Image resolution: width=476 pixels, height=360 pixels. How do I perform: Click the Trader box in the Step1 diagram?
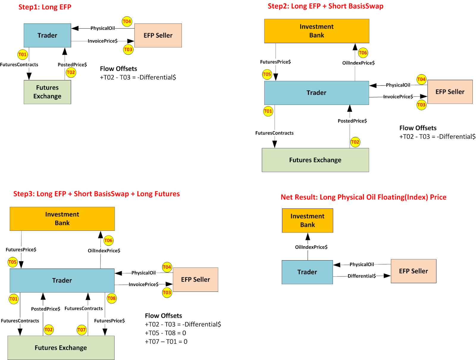coord(47,35)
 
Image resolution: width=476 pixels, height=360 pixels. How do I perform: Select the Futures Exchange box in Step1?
coord(47,92)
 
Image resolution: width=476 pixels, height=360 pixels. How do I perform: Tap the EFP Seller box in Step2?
coord(450,92)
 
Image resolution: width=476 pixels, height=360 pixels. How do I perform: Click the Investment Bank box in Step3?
coord(62,219)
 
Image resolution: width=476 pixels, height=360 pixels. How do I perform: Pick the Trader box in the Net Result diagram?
coord(307,272)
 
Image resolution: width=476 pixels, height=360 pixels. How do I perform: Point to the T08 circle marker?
coord(112,298)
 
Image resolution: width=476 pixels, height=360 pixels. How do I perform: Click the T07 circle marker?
coord(82,330)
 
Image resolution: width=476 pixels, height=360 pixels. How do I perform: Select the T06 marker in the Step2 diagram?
coord(363,53)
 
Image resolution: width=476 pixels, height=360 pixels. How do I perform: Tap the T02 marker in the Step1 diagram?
coord(71,72)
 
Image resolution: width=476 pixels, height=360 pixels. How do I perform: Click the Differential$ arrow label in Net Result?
coord(361,276)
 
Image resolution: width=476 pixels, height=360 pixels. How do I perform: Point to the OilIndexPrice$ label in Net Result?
coord(311,247)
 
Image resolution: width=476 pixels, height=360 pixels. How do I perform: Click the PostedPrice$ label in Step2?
coord(352,121)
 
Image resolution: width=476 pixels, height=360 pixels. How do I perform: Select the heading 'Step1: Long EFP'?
coord(45,7)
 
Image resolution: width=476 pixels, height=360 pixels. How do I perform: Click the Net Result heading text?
coord(363,197)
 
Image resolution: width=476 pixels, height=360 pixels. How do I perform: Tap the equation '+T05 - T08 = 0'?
coord(165,333)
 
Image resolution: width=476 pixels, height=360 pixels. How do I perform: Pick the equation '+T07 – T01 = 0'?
coord(166,342)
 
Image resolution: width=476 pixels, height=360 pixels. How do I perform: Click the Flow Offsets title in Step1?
coord(118,69)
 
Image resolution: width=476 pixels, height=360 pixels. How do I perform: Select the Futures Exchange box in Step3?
coord(61,347)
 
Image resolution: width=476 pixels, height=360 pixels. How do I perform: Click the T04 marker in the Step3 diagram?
coord(167,267)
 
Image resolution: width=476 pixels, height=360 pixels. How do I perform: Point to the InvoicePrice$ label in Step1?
coord(102,41)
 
